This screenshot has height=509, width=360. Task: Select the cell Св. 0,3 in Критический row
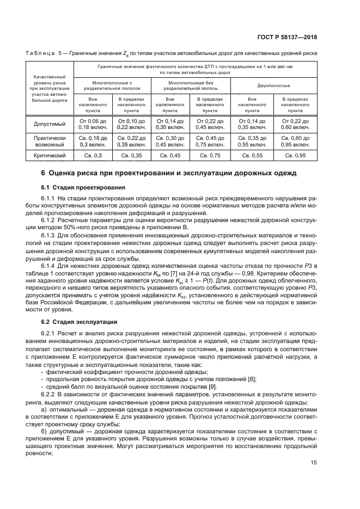pyautogui.click(x=93, y=156)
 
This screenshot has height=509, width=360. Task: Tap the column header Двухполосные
pyautogui.click(x=273, y=86)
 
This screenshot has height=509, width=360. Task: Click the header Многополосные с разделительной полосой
pyautogui.click(x=112, y=86)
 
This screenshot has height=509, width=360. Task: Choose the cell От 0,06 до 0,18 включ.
pyautogui.click(x=93, y=124)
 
